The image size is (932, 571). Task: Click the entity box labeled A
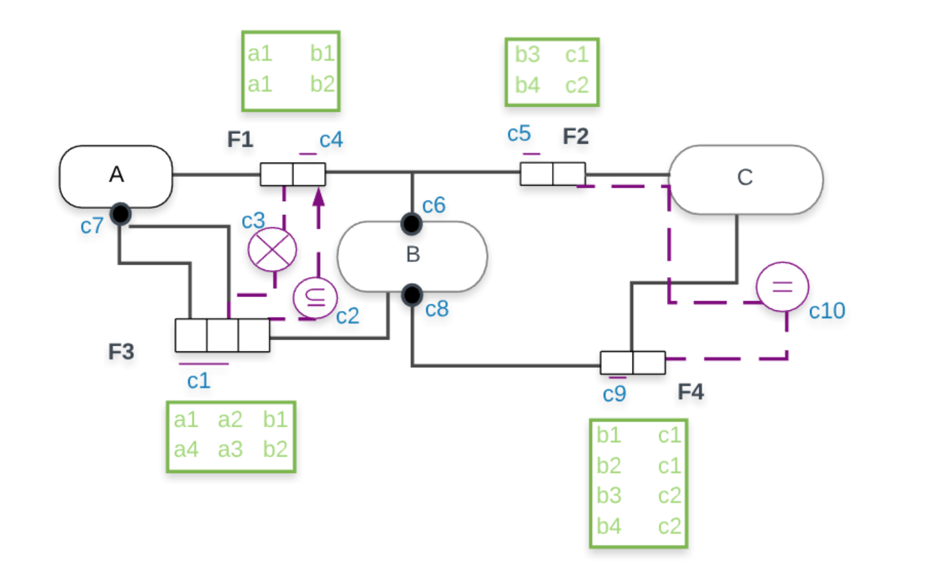point(116,175)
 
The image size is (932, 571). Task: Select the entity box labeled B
point(412,255)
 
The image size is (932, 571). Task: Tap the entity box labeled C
point(745,178)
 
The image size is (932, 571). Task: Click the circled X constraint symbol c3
point(272,249)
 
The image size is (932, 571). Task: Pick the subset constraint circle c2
point(315,298)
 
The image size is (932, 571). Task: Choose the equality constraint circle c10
point(782,286)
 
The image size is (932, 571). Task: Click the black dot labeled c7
point(121,214)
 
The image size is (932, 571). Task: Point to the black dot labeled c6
point(411,224)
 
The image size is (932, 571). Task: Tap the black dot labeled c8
point(412,295)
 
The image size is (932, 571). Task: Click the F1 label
point(240,139)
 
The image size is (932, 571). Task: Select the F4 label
point(691,391)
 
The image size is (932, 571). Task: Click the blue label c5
point(519,134)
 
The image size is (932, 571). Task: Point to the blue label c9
point(614,394)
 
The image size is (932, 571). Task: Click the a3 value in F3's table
point(230,449)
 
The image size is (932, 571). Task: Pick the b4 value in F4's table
point(608,526)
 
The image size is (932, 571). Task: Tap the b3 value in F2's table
point(527,54)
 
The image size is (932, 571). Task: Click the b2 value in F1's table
point(322,84)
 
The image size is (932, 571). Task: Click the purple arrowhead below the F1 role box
point(318,197)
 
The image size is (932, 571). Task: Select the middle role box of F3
point(223,335)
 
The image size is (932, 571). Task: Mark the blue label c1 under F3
point(198,381)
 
